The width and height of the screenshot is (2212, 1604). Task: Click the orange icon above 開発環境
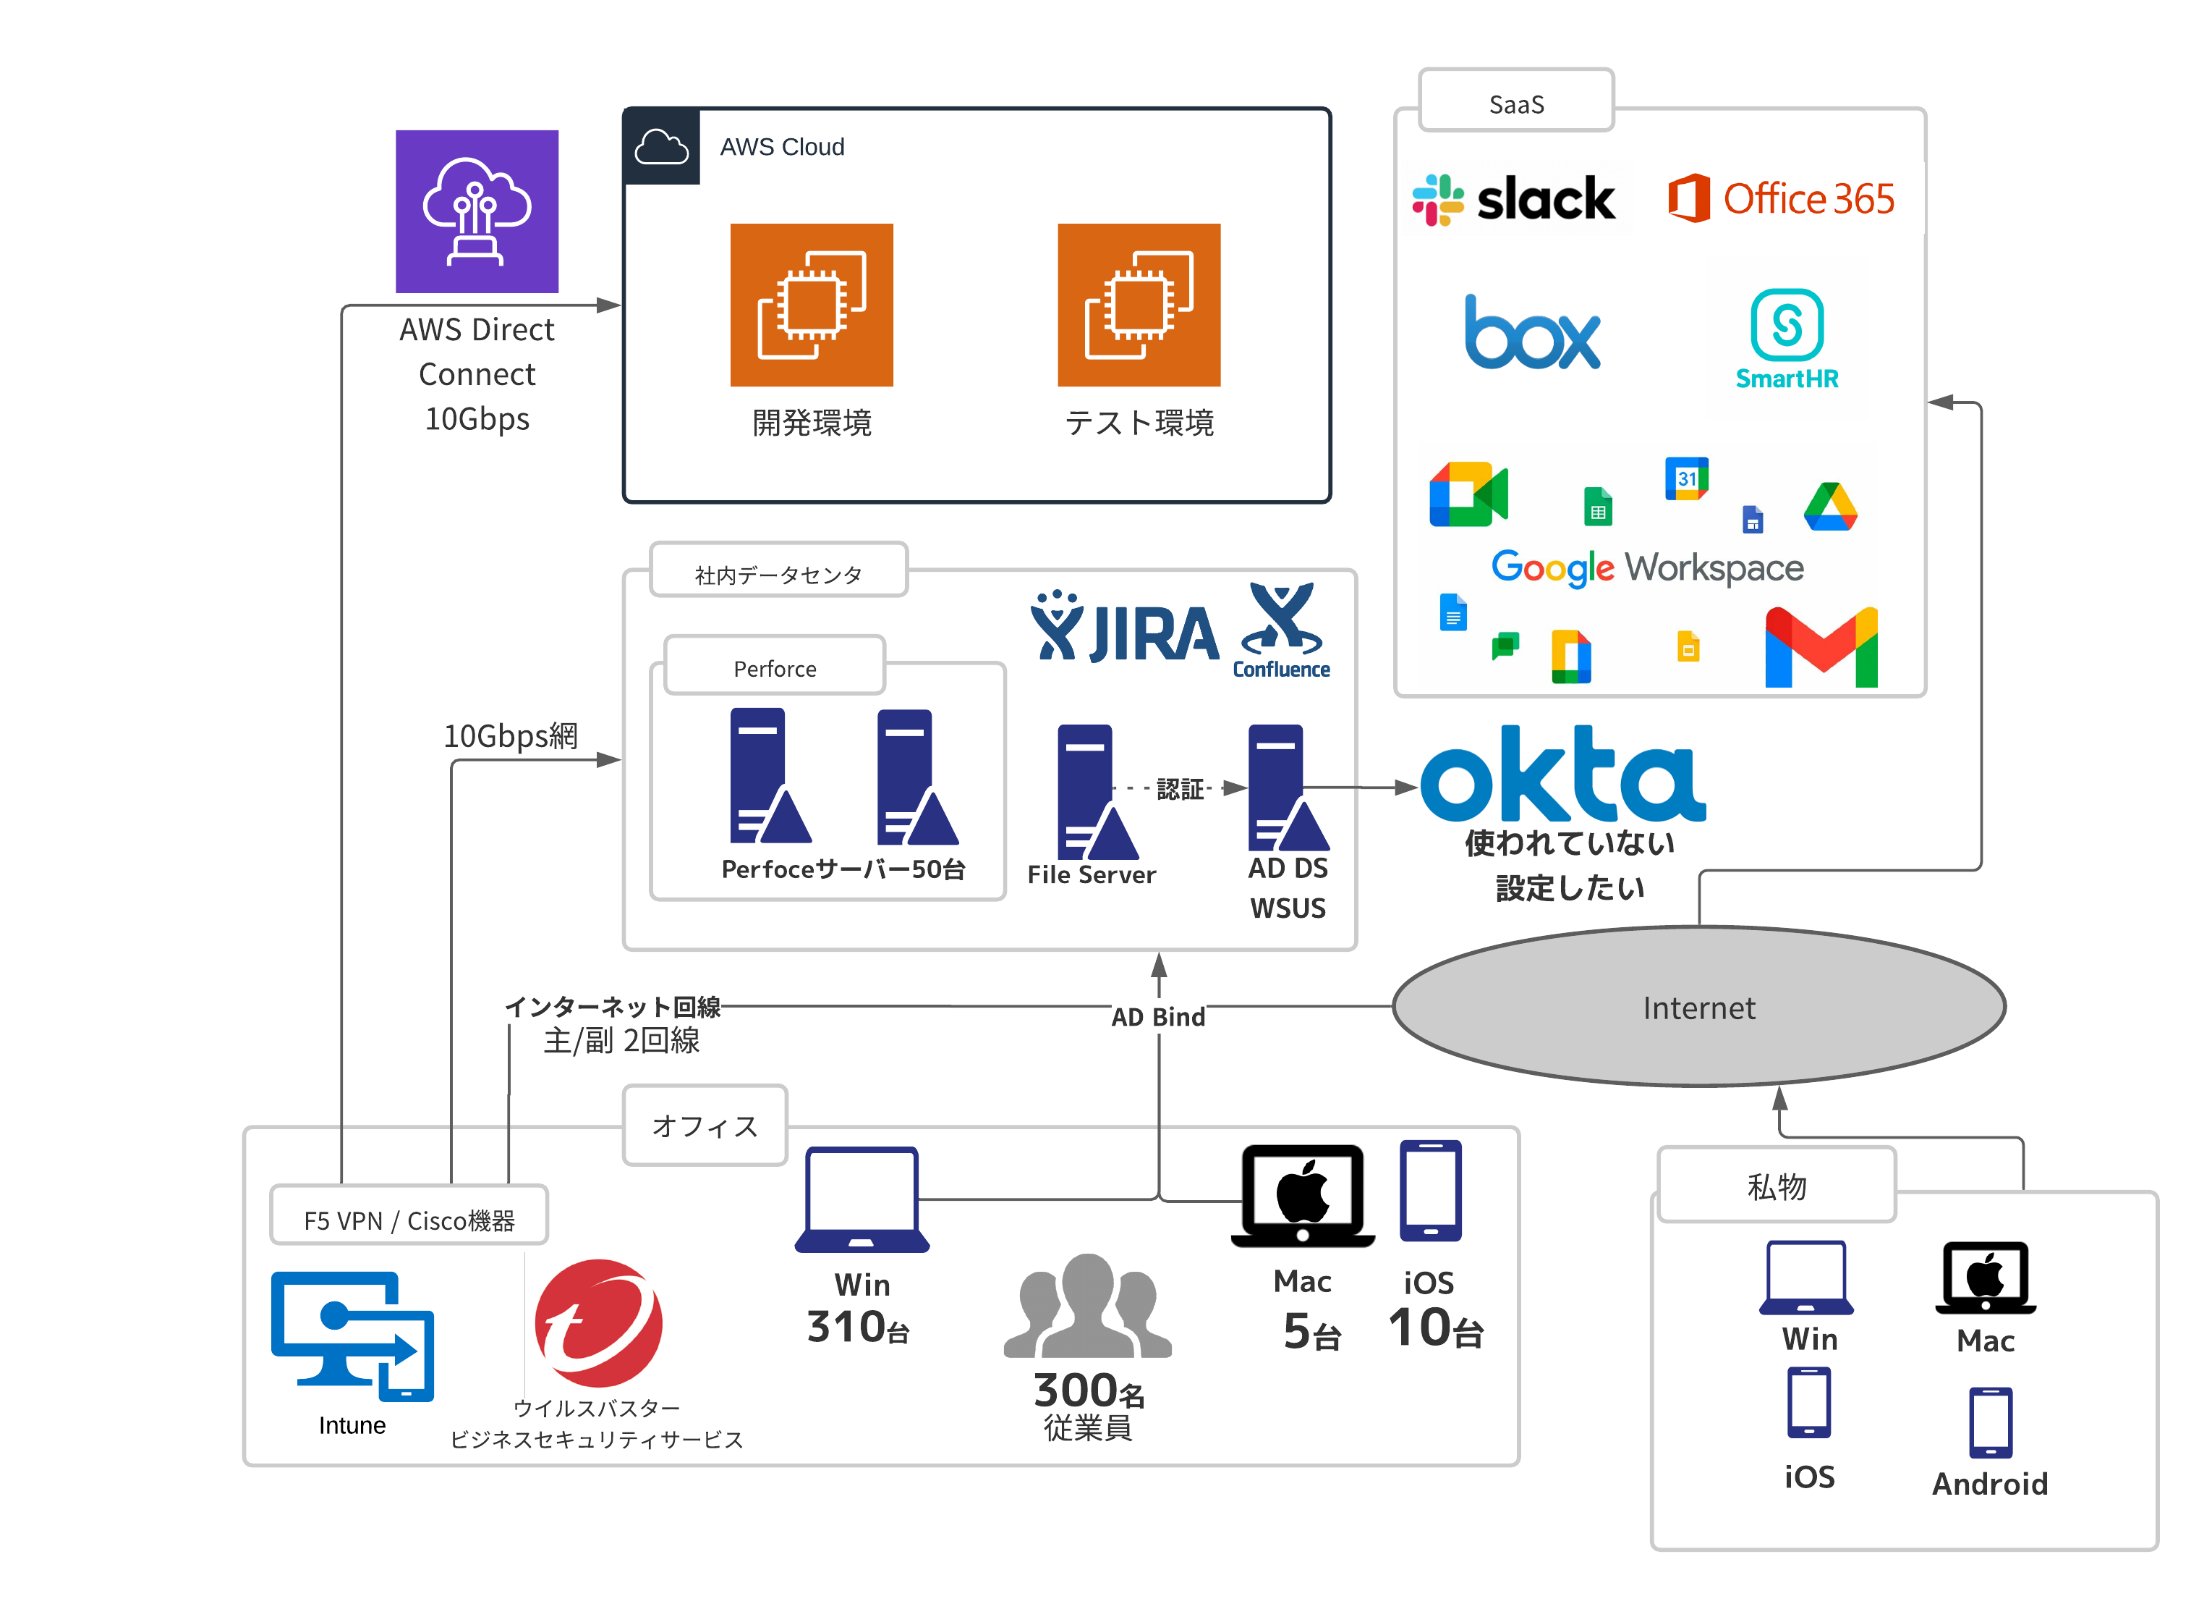(812, 305)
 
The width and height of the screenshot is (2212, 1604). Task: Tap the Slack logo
(1515, 200)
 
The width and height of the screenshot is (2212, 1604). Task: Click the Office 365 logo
(1781, 199)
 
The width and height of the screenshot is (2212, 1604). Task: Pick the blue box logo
(1532, 334)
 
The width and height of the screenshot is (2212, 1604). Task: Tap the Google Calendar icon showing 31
(1686, 478)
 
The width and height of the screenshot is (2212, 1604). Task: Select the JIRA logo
(1125, 628)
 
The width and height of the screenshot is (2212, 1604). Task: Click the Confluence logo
(1282, 630)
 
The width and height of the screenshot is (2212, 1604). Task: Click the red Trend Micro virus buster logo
(598, 1323)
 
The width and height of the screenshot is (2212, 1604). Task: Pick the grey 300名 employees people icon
(1087, 1307)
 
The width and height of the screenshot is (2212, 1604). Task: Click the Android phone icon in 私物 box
(1990, 1422)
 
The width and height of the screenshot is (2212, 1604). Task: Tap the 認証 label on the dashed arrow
(1180, 788)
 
